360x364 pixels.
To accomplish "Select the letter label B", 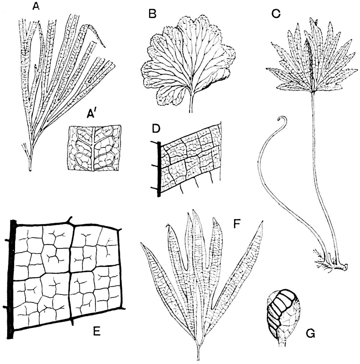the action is pyautogui.click(x=152, y=14).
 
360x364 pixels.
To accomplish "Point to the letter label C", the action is pyautogui.click(x=276, y=14).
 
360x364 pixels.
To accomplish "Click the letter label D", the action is pyautogui.click(x=156, y=129).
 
